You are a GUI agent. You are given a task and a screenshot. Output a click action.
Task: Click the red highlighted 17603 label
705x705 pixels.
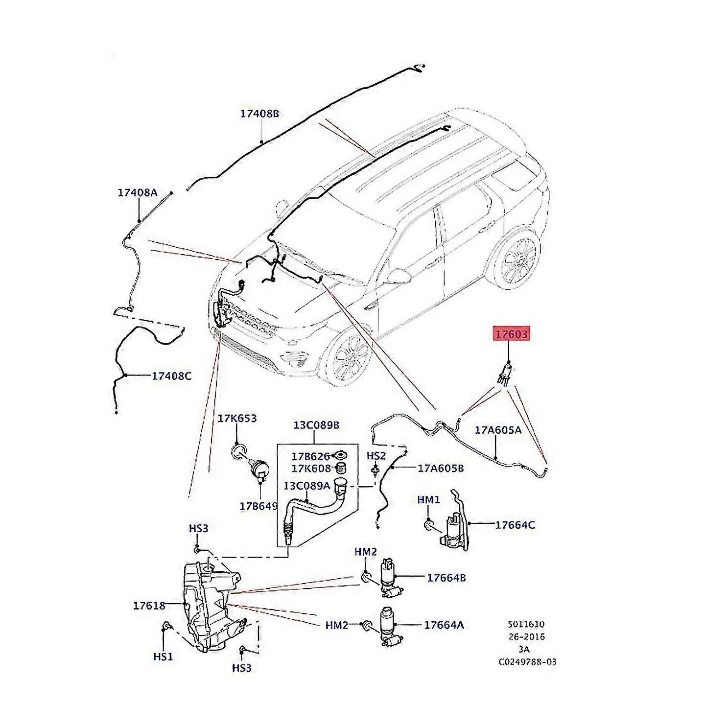click(x=511, y=334)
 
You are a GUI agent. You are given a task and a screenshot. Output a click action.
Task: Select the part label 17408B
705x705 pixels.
click(x=259, y=114)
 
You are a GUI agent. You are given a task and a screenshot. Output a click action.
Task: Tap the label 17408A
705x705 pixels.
click(x=137, y=192)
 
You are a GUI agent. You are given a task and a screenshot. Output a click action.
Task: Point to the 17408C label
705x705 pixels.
click(x=171, y=376)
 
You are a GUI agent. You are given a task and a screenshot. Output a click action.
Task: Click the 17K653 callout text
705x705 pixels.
click(x=237, y=419)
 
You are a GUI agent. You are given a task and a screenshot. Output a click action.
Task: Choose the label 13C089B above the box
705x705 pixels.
click(x=316, y=424)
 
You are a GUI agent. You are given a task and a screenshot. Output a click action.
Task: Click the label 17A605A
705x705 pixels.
click(x=498, y=430)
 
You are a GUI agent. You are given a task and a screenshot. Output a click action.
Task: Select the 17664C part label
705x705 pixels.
click(x=515, y=525)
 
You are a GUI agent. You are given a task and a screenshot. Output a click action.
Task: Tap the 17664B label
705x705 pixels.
click(x=446, y=578)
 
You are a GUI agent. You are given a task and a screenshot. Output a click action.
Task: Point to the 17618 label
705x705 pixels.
click(x=149, y=606)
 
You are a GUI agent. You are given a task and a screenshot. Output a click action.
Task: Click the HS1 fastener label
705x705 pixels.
click(x=163, y=657)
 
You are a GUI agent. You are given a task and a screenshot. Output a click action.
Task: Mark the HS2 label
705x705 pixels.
click(x=376, y=456)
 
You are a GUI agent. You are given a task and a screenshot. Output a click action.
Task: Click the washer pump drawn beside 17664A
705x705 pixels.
click(x=390, y=627)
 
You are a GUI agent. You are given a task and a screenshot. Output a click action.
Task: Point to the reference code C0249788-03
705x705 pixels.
click(x=527, y=662)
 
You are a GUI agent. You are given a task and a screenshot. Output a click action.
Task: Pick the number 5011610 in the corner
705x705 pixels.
click(x=525, y=624)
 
